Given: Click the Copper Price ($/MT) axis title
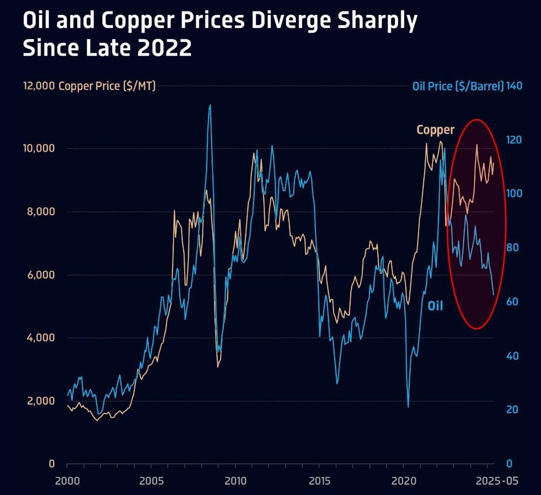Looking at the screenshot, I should click(107, 86).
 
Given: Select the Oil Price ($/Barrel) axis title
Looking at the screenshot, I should click(458, 86).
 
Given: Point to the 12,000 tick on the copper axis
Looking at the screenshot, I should click(39, 86).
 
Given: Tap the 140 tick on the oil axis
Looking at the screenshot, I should click(514, 86).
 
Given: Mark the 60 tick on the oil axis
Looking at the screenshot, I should click(513, 302).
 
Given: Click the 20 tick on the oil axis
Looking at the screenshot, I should click(513, 410).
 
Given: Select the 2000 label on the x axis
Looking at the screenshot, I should click(67, 480).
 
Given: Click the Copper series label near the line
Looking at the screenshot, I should click(435, 129).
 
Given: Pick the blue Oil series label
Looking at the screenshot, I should click(435, 306).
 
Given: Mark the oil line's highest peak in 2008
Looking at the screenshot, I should click(210, 105).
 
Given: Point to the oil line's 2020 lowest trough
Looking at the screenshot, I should click(408, 407).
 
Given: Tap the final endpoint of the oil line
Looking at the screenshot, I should click(494, 294).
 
